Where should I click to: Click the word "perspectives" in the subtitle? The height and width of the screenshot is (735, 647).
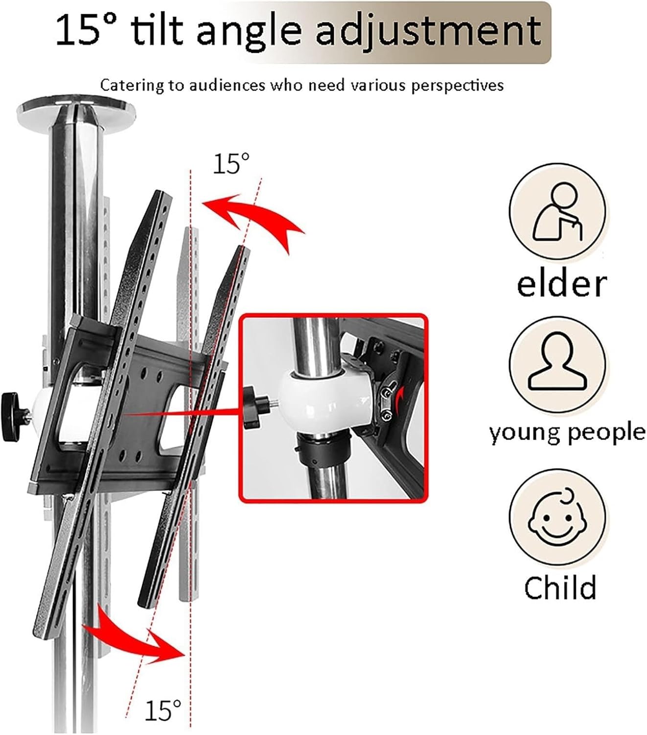point(457,86)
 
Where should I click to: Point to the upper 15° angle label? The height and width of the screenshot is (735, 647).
point(231,164)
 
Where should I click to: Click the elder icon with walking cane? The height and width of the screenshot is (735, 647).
point(557,212)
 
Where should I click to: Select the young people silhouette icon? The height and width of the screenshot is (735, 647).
point(557,362)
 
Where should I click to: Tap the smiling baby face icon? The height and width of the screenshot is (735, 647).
point(557,517)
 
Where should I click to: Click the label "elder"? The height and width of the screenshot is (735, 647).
point(561,284)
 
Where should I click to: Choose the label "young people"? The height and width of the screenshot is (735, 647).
point(567,433)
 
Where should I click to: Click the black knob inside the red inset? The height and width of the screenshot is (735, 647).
point(254,406)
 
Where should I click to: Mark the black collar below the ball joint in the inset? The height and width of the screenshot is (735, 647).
point(323,448)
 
